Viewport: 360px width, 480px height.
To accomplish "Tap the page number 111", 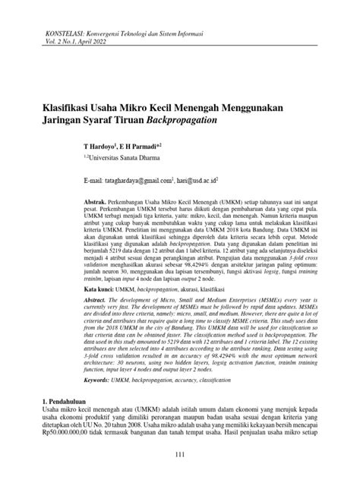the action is pyautogui.click(x=180, y=454).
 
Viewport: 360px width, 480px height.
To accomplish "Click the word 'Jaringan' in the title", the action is pyautogui.click(x=60, y=121).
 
